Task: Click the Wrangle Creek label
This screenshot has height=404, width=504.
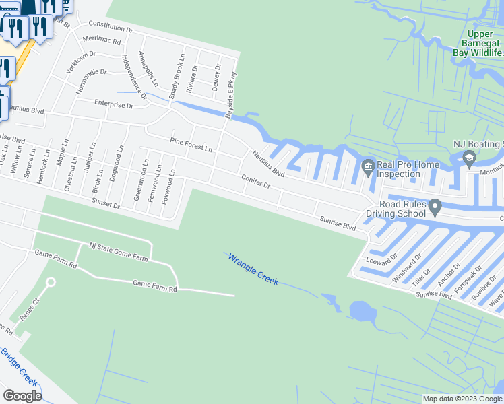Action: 253,269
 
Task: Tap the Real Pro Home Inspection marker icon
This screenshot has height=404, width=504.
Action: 368,165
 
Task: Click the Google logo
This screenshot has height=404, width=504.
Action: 22,396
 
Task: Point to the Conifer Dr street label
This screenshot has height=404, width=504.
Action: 256,180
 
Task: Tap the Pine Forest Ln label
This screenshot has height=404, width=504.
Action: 191,144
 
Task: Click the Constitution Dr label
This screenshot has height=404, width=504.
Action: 111,28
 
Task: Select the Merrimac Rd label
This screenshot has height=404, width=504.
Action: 101,40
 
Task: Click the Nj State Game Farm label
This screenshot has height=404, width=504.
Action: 119,253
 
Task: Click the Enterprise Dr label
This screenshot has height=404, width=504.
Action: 113,105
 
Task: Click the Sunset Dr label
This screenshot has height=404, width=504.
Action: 106,204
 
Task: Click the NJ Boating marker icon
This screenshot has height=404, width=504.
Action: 469,159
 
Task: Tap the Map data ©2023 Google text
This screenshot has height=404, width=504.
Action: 462,399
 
